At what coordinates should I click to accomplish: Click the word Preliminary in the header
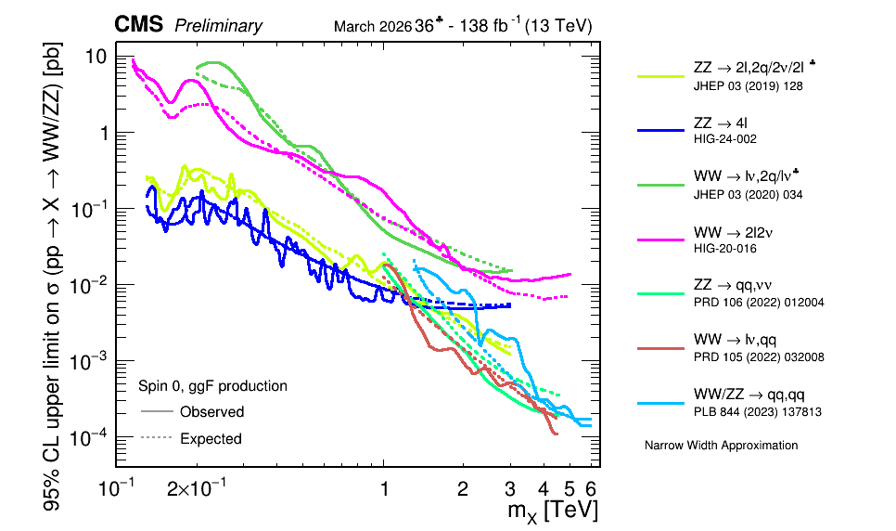[218, 27]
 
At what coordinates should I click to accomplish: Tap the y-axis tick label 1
[101, 134]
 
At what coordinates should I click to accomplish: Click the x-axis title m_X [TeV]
[552, 510]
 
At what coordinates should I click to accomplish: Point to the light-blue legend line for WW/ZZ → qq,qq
[659, 403]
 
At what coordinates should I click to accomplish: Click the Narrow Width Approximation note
[721, 446]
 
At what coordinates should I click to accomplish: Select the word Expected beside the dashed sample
[211, 438]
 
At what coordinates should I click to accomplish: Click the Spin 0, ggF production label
[212, 385]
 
